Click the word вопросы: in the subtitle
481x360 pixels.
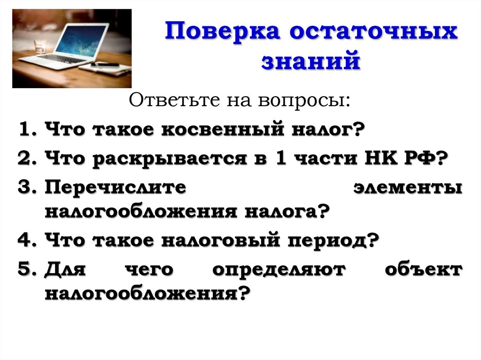click(306, 100)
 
